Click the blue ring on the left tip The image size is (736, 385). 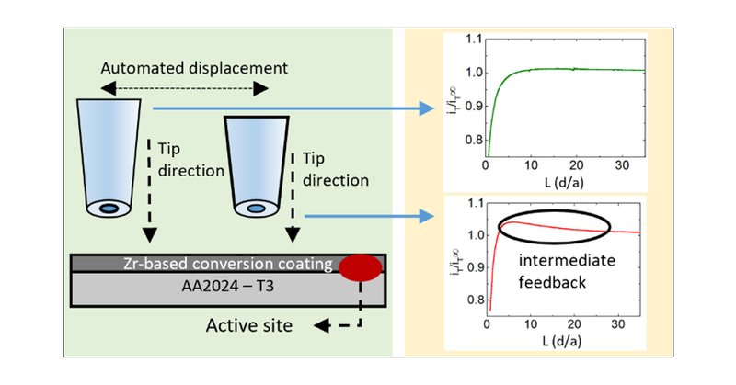point(109,209)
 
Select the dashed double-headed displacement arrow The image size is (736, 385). point(183,88)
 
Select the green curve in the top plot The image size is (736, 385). point(552,69)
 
